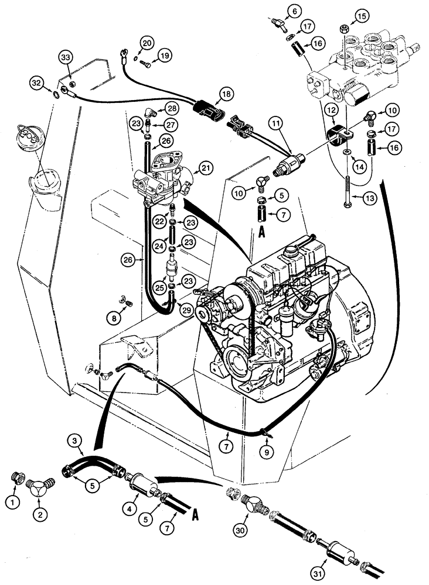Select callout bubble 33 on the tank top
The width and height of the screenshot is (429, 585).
tap(66, 57)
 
